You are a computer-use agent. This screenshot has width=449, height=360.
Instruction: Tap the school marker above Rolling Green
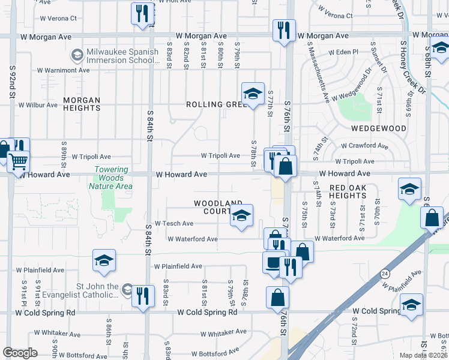click(253, 94)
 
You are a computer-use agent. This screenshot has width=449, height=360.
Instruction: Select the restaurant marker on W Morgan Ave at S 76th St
click(283, 30)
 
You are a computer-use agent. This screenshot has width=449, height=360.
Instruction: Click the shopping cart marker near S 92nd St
click(18, 160)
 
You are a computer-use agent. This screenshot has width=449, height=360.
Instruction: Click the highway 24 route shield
click(383, 273)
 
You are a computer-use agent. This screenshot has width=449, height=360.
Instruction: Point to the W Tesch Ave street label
click(174, 223)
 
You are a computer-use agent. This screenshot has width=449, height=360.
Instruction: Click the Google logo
click(20, 353)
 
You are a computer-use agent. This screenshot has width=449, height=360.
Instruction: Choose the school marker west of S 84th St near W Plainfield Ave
click(103, 261)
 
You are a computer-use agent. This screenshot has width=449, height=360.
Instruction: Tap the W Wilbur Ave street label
click(38, 105)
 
